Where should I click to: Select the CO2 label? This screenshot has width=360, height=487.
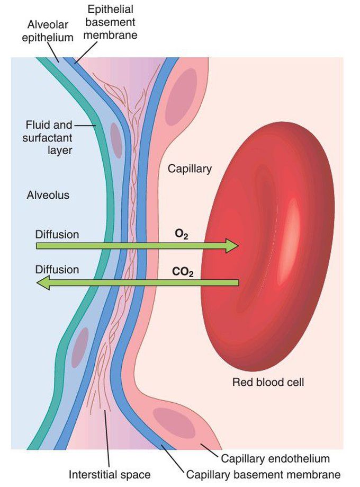[x=183, y=273]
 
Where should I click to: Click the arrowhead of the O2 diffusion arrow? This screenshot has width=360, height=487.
[x=232, y=245]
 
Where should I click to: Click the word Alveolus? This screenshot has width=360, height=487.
[x=48, y=195]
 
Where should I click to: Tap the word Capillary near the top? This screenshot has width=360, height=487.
[x=190, y=169]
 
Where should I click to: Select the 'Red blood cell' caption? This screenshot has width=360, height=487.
[x=268, y=382]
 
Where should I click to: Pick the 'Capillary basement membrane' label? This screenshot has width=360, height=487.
[x=263, y=474]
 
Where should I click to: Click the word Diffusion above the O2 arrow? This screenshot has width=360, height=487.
[x=57, y=234]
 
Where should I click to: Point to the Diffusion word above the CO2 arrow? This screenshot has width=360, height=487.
[x=57, y=269]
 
